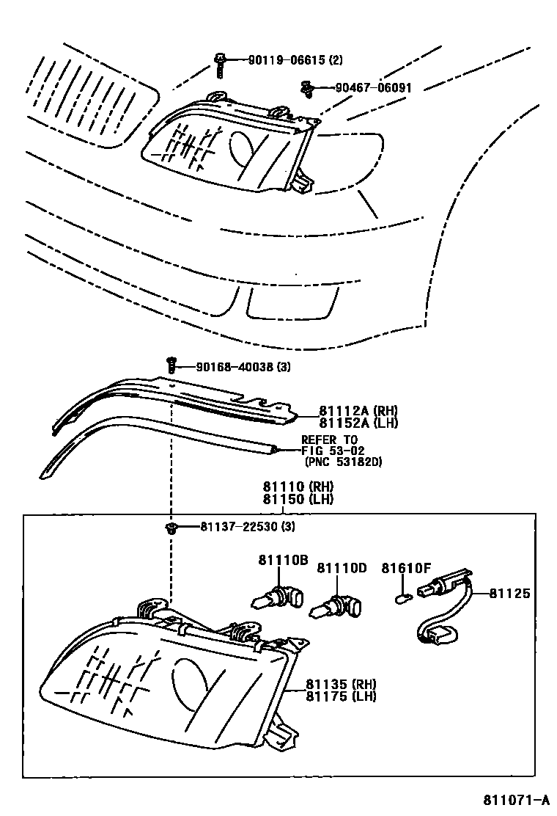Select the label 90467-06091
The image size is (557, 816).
pos(374,87)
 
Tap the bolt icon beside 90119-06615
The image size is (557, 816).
pos(220,64)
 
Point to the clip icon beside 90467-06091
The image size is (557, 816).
pos(308,90)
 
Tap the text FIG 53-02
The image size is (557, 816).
pos(333,450)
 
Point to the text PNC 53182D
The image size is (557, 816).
pos(344,462)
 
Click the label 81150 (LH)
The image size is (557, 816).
pos(298,499)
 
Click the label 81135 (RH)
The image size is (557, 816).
pos(341,685)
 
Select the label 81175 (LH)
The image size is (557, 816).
pos(341,696)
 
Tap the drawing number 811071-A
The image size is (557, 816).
pos(515,799)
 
